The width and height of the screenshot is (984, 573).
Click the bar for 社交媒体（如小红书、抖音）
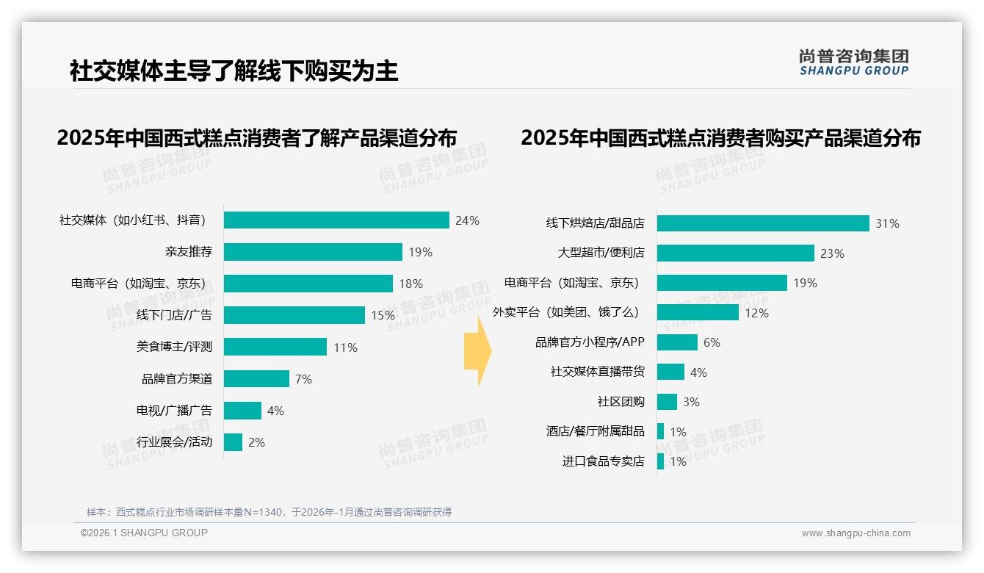(336, 220)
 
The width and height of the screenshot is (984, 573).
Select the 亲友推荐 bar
(313, 252)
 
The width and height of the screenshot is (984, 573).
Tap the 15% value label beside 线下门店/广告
(383, 315)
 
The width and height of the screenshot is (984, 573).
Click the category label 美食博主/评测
(174, 347)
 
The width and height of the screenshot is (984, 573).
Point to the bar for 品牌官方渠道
(256, 379)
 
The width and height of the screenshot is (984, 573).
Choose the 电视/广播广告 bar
(242, 411)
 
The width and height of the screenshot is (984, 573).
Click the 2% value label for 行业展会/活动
(256, 442)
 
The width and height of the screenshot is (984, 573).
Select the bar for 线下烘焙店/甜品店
(763, 223)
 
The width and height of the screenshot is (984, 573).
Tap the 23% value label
(832, 253)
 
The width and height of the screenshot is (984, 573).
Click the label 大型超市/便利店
(601, 253)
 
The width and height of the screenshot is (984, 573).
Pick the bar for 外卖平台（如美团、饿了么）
(698, 312)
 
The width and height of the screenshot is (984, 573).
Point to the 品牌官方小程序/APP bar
(677, 342)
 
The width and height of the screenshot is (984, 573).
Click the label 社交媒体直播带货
(598, 372)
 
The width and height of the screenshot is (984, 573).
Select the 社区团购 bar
(667, 402)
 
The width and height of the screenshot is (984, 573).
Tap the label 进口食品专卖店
(603, 461)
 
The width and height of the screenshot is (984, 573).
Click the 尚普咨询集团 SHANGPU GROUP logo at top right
(853, 62)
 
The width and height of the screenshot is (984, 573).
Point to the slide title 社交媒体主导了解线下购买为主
(234, 71)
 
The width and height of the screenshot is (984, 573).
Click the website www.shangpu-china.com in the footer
(855, 533)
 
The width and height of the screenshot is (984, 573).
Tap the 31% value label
(887, 223)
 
